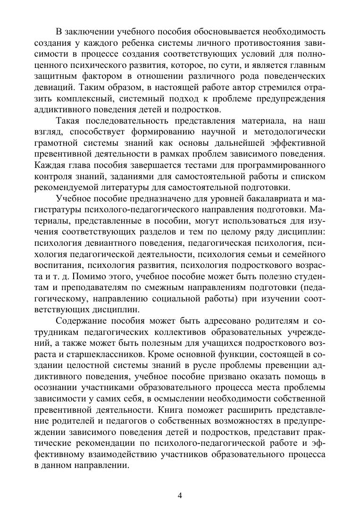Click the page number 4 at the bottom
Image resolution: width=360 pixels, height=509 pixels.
coord(180,495)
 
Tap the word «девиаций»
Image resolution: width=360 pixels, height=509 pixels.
coord(55,87)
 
